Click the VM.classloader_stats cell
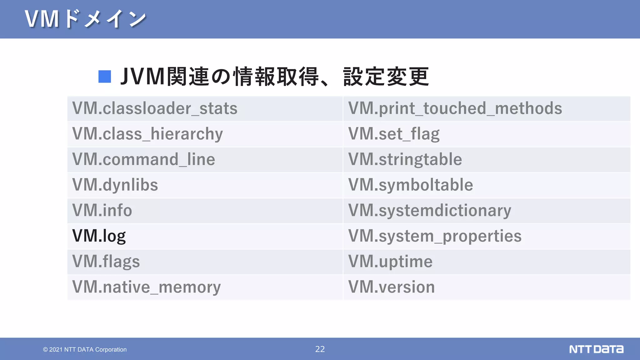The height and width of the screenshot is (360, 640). click(x=155, y=109)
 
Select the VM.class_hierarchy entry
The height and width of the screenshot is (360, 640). click(x=147, y=134)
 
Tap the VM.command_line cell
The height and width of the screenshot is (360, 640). click(x=143, y=160)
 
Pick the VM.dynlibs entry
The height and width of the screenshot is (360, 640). click(x=115, y=185)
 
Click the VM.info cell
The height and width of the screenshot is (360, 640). click(x=102, y=211)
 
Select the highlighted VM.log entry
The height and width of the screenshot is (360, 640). click(x=99, y=236)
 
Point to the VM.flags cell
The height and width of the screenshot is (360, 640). click(x=106, y=262)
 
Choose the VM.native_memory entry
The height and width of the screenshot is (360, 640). click(x=146, y=287)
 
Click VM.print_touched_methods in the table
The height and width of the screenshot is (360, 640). click(x=455, y=109)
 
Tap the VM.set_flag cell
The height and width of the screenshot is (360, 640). click(x=394, y=134)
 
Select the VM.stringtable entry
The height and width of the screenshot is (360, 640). click(x=405, y=160)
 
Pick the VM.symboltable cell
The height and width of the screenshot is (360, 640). click(x=411, y=185)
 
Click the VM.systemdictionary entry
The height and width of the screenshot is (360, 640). click(x=430, y=211)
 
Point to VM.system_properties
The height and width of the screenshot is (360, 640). click(x=435, y=236)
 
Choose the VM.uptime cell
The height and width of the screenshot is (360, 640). click(x=390, y=262)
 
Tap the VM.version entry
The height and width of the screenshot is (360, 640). click(x=392, y=287)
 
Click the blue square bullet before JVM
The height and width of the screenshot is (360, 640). click(x=105, y=77)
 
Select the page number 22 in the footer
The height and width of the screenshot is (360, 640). click(x=320, y=349)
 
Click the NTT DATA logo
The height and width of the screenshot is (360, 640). click(x=596, y=349)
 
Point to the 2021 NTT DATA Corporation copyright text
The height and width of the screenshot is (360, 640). click(x=85, y=350)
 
